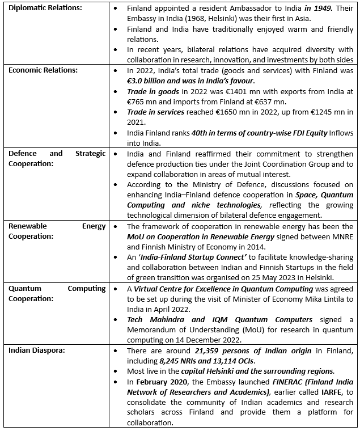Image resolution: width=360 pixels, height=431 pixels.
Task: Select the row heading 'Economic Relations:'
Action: [x=43, y=70]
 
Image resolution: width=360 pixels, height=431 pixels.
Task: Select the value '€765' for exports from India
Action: [x=138, y=102]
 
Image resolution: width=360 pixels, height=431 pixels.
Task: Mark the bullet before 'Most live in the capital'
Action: [x=116, y=370]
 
